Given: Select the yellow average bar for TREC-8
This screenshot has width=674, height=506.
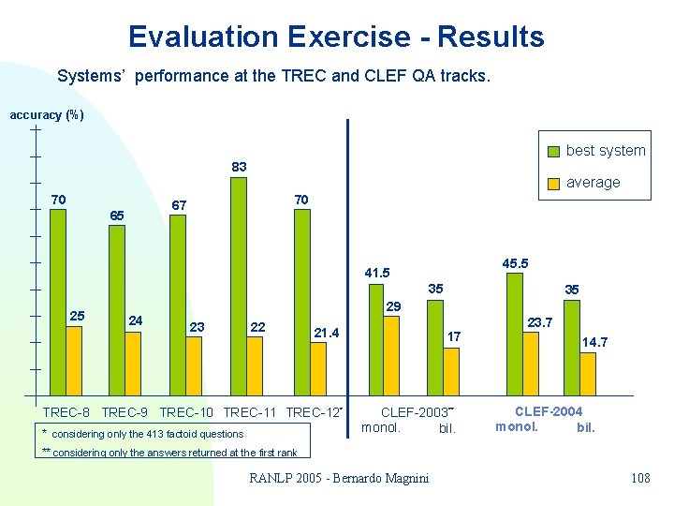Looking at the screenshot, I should pos(74,360).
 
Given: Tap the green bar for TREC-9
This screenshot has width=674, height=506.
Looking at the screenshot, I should pos(117,310).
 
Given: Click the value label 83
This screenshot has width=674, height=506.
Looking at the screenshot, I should pos(240,167).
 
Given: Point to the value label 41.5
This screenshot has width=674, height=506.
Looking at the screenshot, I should pos(377,273).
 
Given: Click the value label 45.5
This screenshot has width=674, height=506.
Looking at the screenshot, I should pos(515,264).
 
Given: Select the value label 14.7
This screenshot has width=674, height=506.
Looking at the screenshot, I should pos(594,342).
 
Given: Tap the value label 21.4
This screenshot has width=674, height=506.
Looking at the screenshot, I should pos(327,332).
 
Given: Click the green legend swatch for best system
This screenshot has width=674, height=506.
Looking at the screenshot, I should pos(555,151).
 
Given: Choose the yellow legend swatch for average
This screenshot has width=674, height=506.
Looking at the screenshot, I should pos(555,183).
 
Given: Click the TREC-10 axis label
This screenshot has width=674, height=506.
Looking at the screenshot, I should pos(187,412).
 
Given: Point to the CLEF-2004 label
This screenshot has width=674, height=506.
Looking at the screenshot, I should pos(549,411).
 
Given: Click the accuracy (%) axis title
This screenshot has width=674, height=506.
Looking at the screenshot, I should pos(47,115).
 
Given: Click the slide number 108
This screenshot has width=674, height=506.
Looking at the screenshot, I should pos(640,479).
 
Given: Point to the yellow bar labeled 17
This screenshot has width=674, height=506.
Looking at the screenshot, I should pos(451,371).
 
